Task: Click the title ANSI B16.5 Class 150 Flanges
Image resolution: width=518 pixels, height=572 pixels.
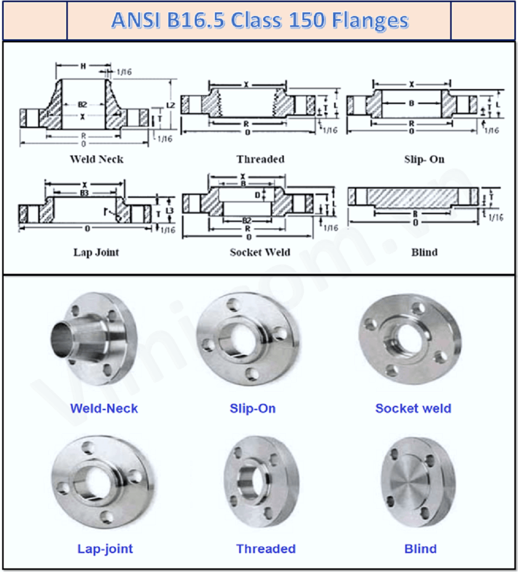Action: (260, 20)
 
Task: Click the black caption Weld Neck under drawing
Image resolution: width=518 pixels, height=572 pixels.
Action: (97, 159)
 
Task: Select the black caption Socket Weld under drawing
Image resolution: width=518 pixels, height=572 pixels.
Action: (260, 252)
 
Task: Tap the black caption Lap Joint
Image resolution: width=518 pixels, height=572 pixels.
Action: (96, 252)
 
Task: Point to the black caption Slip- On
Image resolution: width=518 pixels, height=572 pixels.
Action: (424, 159)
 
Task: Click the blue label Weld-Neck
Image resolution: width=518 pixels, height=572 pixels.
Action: (104, 408)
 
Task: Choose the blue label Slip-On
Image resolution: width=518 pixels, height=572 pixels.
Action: (252, 408)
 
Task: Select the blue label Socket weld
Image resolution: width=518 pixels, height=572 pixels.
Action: (413, 408)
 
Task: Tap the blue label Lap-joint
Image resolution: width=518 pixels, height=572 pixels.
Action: (105, 549)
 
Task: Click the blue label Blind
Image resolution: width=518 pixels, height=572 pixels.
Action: (420, 549)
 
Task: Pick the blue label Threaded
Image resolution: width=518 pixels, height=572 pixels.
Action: (266, 549)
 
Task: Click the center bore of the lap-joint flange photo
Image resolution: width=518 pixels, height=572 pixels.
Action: (97, 481)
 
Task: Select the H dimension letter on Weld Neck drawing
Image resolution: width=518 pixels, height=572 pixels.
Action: (83, 66)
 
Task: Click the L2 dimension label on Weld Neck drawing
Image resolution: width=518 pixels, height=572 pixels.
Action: (170, 105)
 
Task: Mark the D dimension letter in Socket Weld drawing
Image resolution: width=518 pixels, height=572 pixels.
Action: (257, 195)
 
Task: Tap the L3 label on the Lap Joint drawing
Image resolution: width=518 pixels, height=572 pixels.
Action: (169, 211)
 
